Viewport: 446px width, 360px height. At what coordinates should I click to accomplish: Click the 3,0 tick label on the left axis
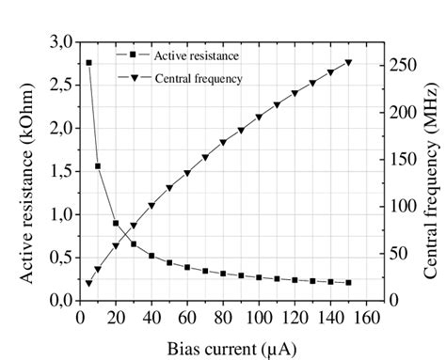pyautogui.click(x=58, y=42)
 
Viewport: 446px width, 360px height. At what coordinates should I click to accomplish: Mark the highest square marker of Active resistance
pyautogui.click(x=89, y=63)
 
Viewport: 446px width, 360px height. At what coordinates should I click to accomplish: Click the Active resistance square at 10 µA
pyautogui.click(x=98, y=166)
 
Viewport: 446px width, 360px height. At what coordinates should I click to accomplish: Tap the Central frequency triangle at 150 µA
pyautogui.click(x=348, y=63)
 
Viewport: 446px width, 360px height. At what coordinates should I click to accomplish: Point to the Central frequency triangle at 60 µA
pyautogui.click(x=187, y=174)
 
